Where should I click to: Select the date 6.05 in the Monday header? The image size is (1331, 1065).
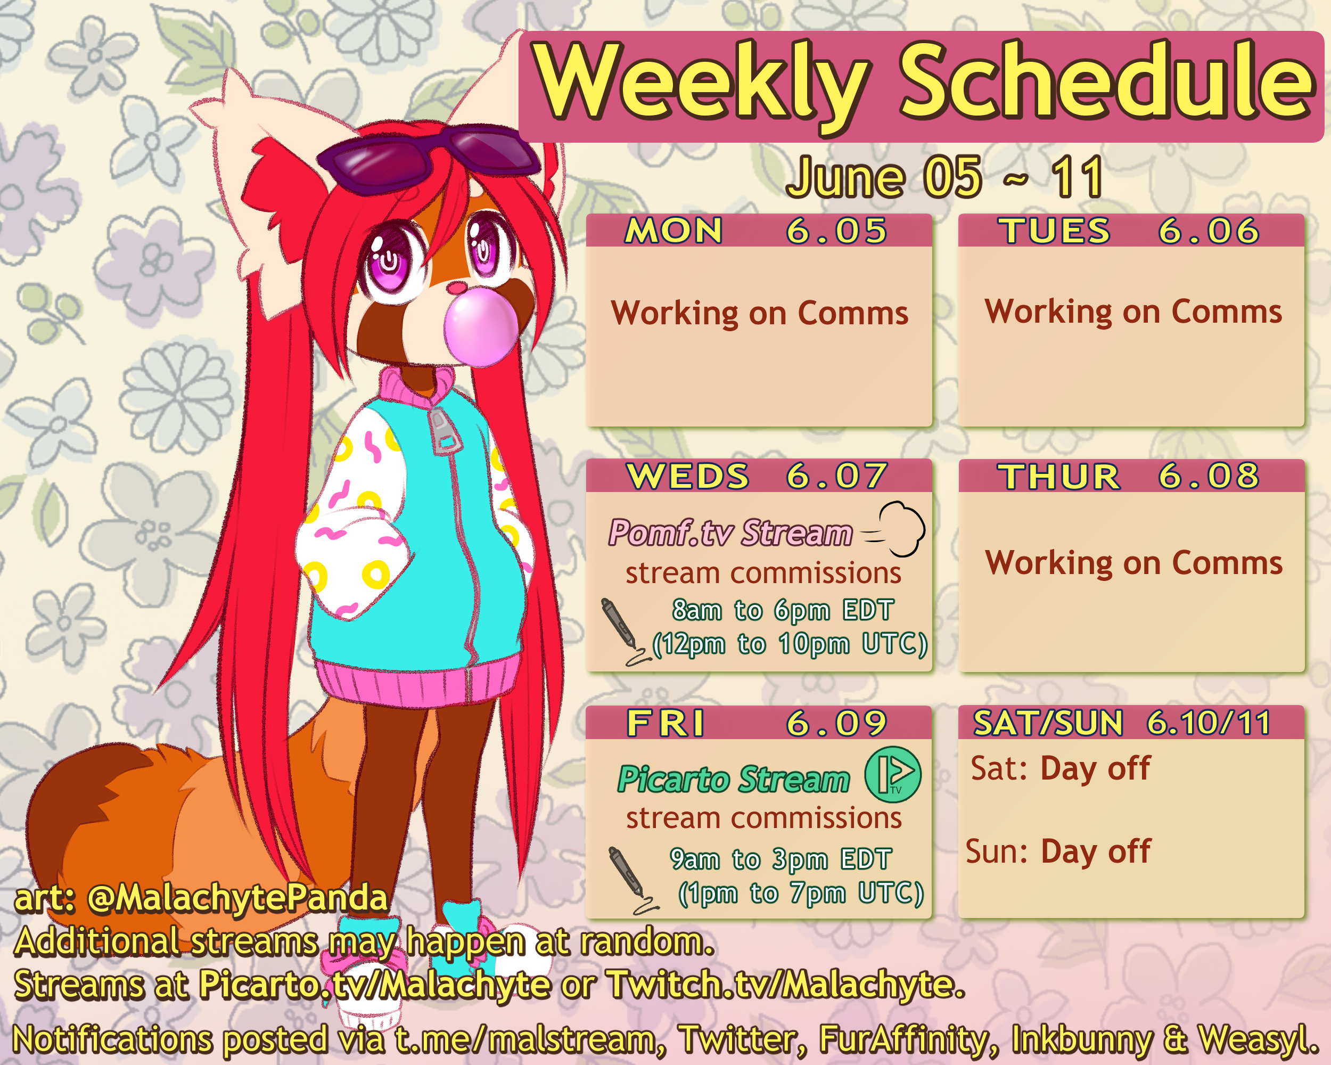point(836,231)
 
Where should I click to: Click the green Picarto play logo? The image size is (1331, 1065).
point(893,774)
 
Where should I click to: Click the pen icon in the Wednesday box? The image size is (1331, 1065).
point(624,632)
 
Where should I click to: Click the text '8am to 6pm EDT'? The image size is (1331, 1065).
point(783,610)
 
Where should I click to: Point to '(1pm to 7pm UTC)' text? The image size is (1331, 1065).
point(801,893)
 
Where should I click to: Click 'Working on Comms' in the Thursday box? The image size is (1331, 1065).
point(1133,563)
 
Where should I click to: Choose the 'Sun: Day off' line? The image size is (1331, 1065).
point(1058,851)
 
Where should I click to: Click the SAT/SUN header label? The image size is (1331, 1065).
point(1048,723)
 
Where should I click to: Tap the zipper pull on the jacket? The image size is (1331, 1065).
point(444,431)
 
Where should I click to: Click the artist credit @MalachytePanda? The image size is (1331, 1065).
point(237,898)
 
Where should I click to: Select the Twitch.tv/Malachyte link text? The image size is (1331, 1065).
point(786,984)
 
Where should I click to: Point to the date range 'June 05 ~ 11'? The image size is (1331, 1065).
point(944,177)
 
